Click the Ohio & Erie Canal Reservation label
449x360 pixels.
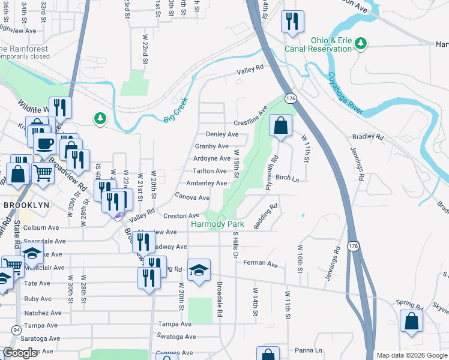tap(330, 44)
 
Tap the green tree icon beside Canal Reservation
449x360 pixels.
tap(361, 43)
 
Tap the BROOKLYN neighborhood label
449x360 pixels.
tap(25, 204)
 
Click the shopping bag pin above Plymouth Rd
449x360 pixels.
tap(280, 126)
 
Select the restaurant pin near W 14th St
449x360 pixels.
tap(292, 22)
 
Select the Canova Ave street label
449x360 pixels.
tap(192, 197)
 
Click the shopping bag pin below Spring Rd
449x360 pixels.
tap(411, 320)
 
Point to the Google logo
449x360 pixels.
tap(20, 353)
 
